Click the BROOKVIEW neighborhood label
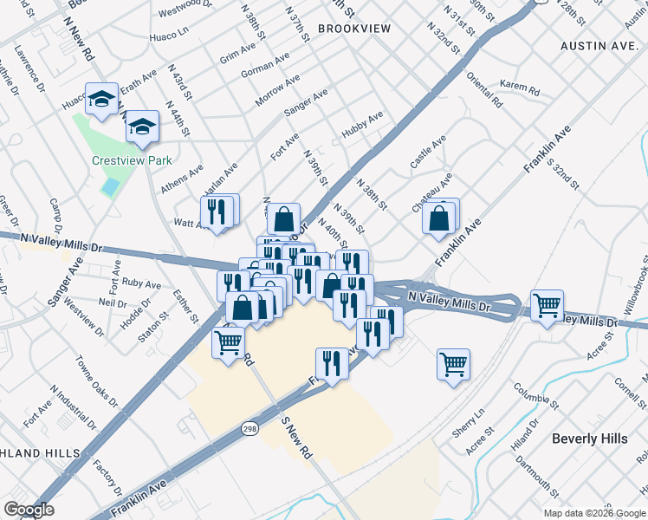pos(354,29)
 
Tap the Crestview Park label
pos(133,160)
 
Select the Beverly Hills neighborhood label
pos(589,439)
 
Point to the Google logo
pos(29,510)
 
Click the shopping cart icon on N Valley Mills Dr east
pos(547,304)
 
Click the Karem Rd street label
pos(520,88)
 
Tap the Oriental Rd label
pos(484,89)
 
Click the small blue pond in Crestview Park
pos(110,186)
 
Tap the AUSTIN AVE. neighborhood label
pos(599,45)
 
